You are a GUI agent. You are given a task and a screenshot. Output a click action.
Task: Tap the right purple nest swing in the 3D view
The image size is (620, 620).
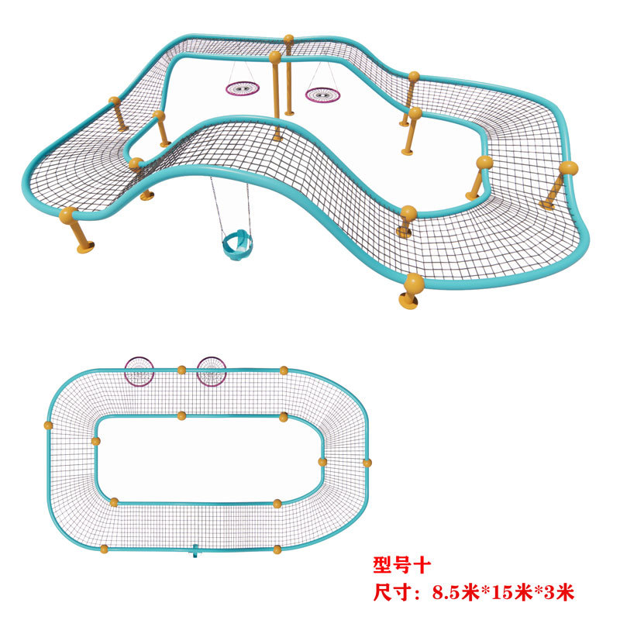[x=322, y=95]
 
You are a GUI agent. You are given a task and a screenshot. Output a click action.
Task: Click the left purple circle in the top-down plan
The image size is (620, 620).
[x=139, y=370]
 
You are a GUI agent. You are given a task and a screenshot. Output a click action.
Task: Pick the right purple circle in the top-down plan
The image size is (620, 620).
[x=211, y=370]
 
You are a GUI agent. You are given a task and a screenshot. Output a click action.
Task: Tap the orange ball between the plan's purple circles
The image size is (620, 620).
[x=181, y=370]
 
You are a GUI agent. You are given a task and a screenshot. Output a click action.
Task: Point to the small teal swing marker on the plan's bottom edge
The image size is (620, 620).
[x=195, y=552]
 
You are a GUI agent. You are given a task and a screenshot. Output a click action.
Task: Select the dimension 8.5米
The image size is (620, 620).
[x=460, y=593]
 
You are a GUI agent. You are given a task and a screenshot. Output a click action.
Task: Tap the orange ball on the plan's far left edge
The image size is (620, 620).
[x=48, y=425]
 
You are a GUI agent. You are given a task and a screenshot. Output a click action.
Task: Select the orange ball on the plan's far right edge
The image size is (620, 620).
[x=367, y=463]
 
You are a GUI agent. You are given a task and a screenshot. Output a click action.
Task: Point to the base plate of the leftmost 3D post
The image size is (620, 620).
[x=84, y=249]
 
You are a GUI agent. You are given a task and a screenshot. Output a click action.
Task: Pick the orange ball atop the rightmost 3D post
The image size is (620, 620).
[x=569, y=167]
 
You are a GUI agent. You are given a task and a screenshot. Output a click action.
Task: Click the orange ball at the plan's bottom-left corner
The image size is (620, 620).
[x=104, y=549]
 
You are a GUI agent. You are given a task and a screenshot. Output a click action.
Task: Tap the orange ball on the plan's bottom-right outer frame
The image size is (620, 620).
[x=277, y=549]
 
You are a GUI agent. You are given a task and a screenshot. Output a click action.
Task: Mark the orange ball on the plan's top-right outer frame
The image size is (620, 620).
[x=284, y=370]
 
